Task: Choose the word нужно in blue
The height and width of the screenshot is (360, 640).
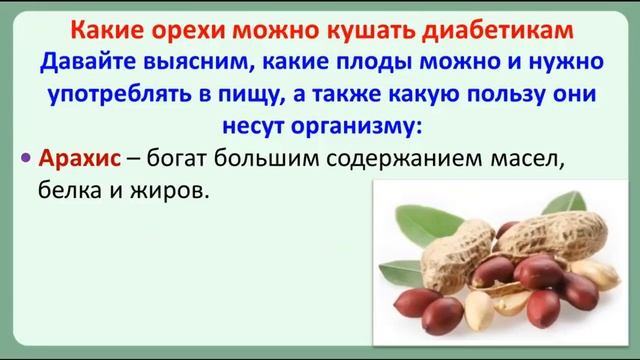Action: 566,64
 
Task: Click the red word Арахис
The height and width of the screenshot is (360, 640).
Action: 80,158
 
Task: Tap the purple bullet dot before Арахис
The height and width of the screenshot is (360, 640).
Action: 26,158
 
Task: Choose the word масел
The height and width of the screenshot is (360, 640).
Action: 527,159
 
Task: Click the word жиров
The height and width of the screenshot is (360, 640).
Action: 169,191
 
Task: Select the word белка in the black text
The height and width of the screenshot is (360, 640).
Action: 69,190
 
